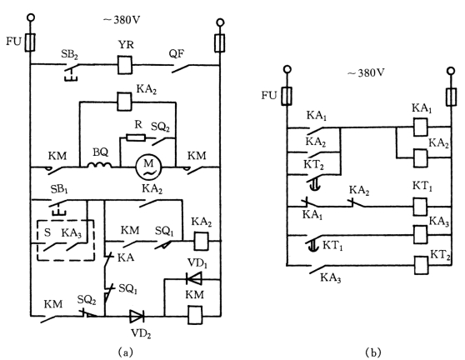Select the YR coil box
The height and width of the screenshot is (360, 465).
125,64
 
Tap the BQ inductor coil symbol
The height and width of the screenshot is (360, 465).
100,165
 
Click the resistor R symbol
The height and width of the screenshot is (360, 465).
136,137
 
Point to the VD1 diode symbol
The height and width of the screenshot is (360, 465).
194,278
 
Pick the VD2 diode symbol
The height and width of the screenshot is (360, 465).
137,316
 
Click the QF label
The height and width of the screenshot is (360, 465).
177,54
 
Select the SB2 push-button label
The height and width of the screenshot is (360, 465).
69,54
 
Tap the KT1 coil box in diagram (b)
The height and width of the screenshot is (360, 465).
420,207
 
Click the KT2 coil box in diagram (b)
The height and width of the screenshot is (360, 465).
421,265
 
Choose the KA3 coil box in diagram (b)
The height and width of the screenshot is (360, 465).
420,234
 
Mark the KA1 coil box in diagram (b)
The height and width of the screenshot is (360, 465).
420,127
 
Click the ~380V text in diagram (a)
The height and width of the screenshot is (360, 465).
122,20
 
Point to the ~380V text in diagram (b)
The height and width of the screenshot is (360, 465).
366,72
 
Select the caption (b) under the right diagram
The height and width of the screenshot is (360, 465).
373,352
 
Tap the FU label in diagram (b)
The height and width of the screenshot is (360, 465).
269,96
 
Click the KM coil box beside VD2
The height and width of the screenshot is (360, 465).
195,315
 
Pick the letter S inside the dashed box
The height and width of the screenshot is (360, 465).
47,232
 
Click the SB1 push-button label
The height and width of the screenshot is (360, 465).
59,189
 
